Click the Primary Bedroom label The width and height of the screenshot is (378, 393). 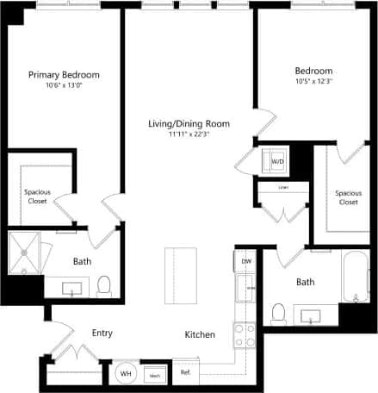point(64,74)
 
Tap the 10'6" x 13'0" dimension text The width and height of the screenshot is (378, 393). point(64,84)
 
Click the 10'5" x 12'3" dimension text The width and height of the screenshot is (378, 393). point(313,81)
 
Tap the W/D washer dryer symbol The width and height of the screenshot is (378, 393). point(277,160)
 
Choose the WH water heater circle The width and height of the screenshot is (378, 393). point(125,374)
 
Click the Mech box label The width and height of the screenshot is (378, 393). point(156,376)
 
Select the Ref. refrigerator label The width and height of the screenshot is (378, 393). point(184,372)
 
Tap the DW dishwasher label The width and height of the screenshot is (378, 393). point(246,260)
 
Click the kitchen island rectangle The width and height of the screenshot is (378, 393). point(182,273)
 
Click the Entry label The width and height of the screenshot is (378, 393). point(102,333)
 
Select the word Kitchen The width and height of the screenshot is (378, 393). point(200,334)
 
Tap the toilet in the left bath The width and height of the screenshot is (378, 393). point(103,284)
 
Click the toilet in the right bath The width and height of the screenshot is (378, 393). point(278,313)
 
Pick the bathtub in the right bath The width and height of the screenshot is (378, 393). point(355,276)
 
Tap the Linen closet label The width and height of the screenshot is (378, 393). point(282,187)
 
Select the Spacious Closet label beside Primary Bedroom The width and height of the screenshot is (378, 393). point(35,196)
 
